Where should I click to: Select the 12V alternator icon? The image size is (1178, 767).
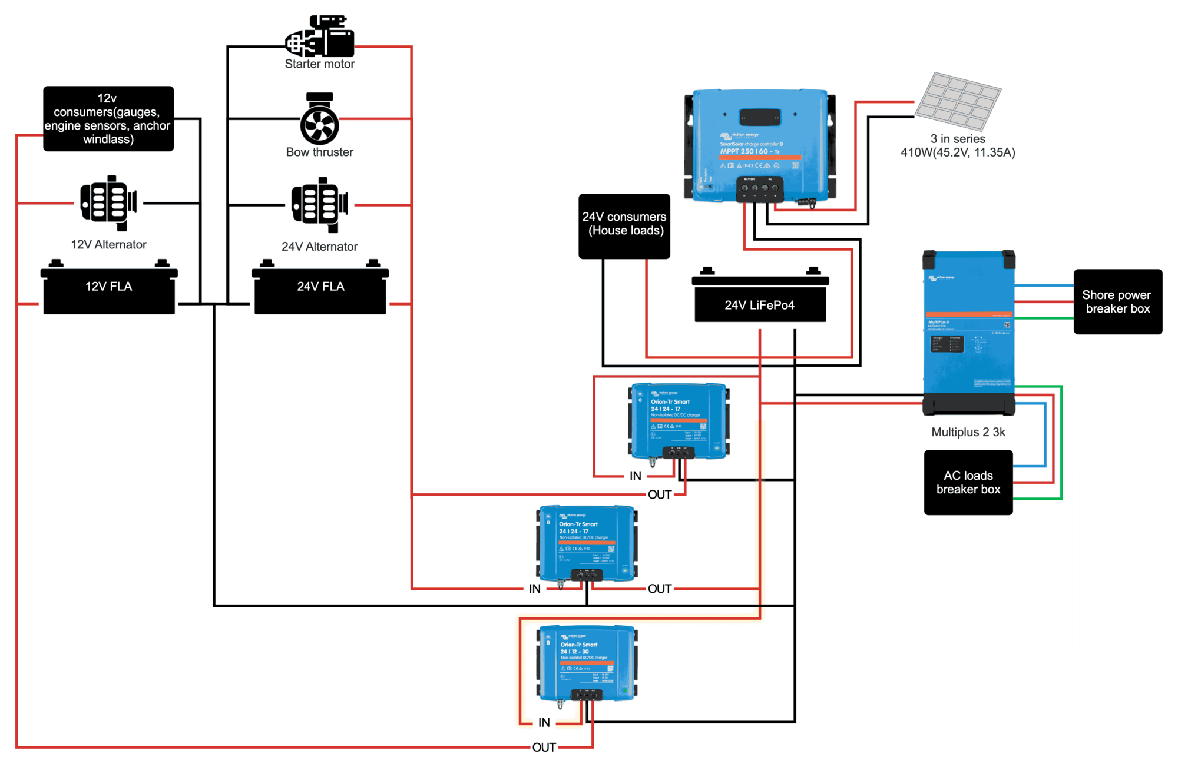pyautogui.click(x=108, y=203)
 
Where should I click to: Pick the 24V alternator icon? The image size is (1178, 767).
pyautogui.click(x=320, y=205)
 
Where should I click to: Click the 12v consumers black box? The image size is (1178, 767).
pyautogui.click(x=108, y=119)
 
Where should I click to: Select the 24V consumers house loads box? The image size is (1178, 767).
pyautogui.click(x=624, y=226)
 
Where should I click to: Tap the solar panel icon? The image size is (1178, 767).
pyautogui.click(x=958, y=101)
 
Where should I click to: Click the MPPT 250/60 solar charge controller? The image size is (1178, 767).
pyautogui.click(x=760, y=146)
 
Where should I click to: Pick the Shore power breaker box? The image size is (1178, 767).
pyautogui.click(x=1117, y=302)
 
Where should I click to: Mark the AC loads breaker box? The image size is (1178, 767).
pyautogui.click(x=968, y=483)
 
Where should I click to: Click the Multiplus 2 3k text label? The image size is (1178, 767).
pyautogui.click(x=968, y=432)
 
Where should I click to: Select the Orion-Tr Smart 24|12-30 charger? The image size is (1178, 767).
pyautogui.click(x=587, y=663)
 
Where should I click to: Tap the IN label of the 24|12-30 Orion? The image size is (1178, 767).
pyautogui.click(x=544, y=722)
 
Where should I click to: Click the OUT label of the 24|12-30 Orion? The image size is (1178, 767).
pyautogui.click(x=544, y=748)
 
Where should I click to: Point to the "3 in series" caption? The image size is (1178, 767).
pyautogui.click(x=958, y=139)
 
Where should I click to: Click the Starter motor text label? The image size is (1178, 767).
pyautogui.click(x=320, y=64)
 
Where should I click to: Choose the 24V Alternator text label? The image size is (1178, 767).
pyautogui.click(x=319, y=247)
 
